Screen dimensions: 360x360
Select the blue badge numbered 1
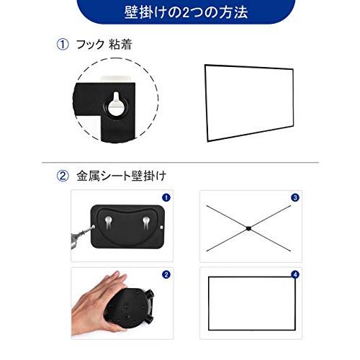(166, 197)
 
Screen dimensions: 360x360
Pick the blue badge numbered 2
(166, 274)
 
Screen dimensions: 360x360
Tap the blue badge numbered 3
(294, 197)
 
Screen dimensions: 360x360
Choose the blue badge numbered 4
(294, 274)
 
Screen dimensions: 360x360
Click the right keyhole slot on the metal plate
(147, 220)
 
